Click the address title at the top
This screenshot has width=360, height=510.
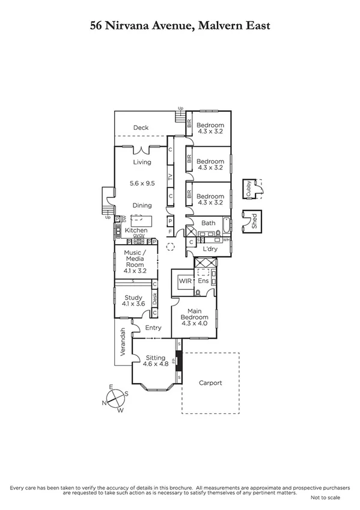[x=180, y=25]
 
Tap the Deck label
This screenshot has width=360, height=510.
[x=141, y=127]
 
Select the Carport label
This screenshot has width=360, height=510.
[x=210, y=382]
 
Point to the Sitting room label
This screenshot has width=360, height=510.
[x=154, y=358]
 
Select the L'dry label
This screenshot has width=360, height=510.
[x=210, y=248]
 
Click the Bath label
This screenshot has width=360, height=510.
[x=208, y=223]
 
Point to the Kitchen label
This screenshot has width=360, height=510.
[x=136, y=230]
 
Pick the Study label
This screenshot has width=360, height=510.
[x=133, y=298]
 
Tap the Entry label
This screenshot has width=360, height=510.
[x=153, y=328]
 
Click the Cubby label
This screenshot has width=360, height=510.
[x=248, y=188]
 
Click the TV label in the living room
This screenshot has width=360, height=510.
[x=171, y=177]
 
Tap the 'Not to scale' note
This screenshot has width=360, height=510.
[x=325, y=497]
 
